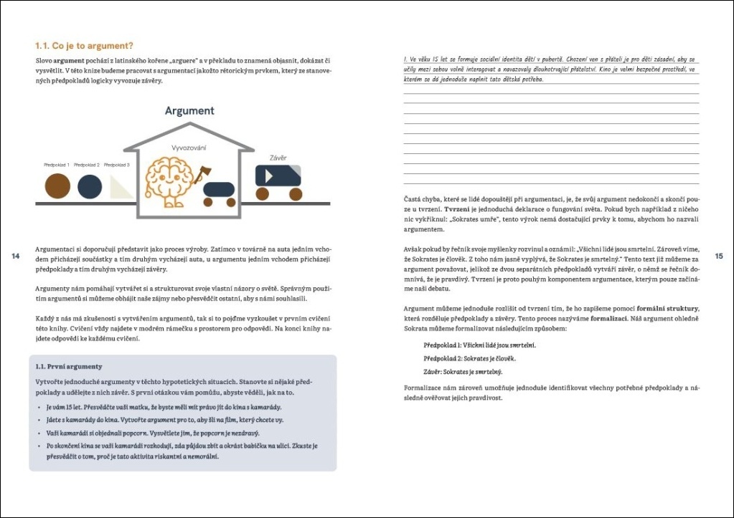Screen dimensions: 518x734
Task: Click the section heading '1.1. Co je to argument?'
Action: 85,46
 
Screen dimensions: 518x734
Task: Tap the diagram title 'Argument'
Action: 189,111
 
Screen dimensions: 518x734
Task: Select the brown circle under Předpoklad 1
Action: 57,186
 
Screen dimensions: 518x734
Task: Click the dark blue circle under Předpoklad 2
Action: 89,186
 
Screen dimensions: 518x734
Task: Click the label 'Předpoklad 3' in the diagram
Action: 116,166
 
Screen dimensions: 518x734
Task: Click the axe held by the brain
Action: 202,175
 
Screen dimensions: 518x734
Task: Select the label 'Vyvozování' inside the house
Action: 189,148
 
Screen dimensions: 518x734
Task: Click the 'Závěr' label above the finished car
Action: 278,158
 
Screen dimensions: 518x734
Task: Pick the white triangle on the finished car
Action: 269,175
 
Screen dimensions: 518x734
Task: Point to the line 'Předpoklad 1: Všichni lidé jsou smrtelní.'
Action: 479,345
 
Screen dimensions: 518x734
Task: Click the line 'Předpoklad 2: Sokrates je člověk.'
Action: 469,358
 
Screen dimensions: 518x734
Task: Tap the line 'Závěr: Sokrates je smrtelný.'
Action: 463,372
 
